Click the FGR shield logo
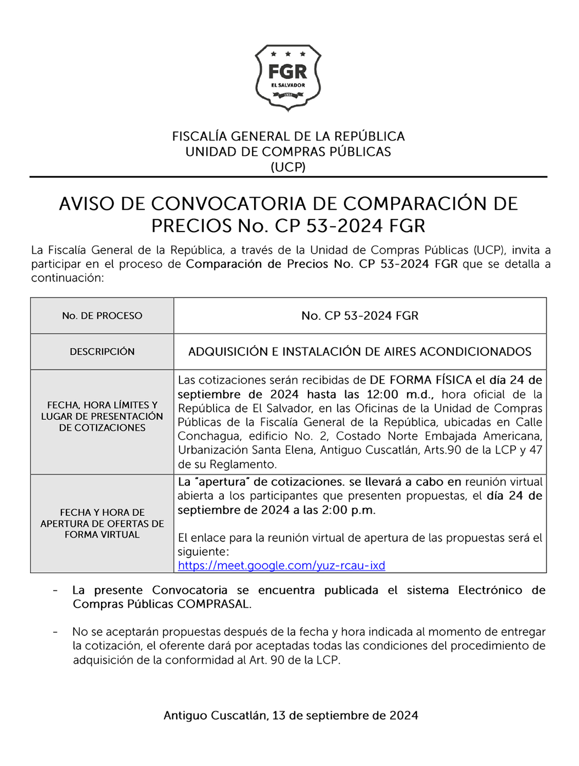click(288, 77)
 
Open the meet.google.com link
click(281, 566)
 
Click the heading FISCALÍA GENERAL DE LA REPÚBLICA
click(288, 137)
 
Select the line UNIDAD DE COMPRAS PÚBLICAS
click(288, 152)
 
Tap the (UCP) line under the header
click(288, 167)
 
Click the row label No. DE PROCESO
click(102, 316)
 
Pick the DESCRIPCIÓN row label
click(102, 352)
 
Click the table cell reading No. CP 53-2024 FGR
click(360, 316)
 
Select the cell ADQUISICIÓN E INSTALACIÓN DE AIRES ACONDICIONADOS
click(360, 352)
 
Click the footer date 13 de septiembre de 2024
click(345, 716)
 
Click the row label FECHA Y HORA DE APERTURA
click(102, 523)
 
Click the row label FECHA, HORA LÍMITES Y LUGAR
click(102, 416)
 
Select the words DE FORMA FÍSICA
click(420, 380)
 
